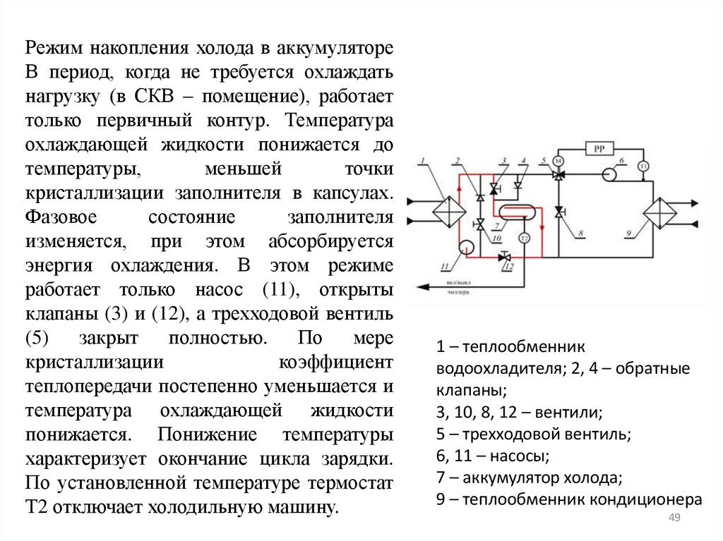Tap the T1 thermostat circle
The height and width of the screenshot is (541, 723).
[643, 166]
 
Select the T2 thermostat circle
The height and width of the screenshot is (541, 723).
[524, 238]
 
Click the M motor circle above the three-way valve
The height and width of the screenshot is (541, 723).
[558, 161]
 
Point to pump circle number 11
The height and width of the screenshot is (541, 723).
[466, 246]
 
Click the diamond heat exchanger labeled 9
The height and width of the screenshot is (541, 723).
[659, 211]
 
